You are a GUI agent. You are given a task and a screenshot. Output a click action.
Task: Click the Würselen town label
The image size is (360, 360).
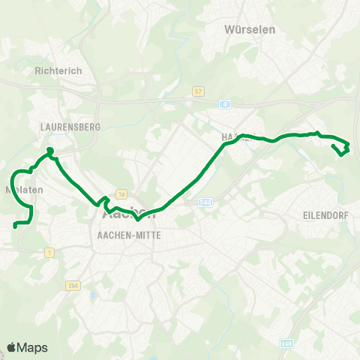click(x=250, y=30)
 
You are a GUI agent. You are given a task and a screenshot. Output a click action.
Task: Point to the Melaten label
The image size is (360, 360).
click(x=25, y=190)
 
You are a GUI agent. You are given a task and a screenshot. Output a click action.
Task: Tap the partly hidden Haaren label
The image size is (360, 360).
click(x=235, y=136)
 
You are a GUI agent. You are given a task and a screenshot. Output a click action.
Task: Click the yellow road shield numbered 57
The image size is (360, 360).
click(x=198, y=91)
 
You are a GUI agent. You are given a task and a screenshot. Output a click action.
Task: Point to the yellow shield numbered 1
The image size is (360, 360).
click(x=49, y=253)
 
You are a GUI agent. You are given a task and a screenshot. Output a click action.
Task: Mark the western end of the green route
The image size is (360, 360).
click(x=15, y=225)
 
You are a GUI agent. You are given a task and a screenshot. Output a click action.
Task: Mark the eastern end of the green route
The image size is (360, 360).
click(x=334, y=148)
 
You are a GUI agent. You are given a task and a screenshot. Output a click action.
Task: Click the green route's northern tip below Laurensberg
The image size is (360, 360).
click(x=50, y=151)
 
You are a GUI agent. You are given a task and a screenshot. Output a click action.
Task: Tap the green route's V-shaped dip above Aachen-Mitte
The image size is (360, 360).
click(x=138, y=220)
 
